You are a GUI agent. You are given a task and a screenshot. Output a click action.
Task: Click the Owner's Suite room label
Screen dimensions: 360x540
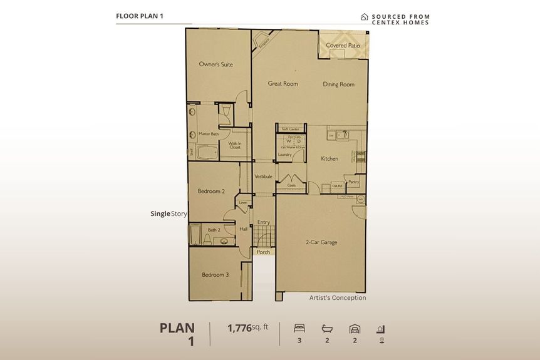(x=215, y=64)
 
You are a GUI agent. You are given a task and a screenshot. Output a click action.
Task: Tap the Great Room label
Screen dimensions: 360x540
(x=283, y=84)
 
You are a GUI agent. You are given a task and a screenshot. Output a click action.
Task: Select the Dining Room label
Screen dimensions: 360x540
(x=338, y=85)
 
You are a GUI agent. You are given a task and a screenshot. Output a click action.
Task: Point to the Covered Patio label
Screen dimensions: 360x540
(x=344, y=46)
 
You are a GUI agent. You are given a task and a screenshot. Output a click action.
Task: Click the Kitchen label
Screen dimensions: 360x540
(x=330, y=159)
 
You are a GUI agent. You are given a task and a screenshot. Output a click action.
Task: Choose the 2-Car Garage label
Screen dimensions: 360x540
(x=321, y=242)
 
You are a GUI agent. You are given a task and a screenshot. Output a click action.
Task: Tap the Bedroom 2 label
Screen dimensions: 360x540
(x=211, y=191)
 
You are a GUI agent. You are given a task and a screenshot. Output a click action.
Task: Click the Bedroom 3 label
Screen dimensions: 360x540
(x=215, y=275)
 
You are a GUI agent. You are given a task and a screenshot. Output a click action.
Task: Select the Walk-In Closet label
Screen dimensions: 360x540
(x=236, y=146)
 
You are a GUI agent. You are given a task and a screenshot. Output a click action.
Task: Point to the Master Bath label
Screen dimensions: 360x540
(x=209, y=134)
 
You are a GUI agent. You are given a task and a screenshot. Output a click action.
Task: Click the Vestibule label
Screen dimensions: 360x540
(x=264, y=177)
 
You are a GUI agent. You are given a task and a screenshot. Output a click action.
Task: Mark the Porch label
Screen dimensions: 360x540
(x=264, y=252)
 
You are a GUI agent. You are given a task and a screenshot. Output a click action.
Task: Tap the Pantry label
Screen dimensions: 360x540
(x=354, y=182)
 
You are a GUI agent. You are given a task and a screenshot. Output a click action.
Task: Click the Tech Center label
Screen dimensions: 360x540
(x=290, y=128)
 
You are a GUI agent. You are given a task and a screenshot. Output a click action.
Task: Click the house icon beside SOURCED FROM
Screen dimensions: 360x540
(x=364, y=17)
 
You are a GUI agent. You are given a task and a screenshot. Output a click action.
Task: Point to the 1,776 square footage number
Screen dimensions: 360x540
(x=239, y=327)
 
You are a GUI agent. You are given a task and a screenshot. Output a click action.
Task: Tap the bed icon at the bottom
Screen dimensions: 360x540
(x=299, y=328)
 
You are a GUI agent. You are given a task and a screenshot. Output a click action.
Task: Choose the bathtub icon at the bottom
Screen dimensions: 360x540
(x=326, y=328)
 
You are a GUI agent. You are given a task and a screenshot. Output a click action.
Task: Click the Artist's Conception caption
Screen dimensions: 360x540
(x=337, y=298)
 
